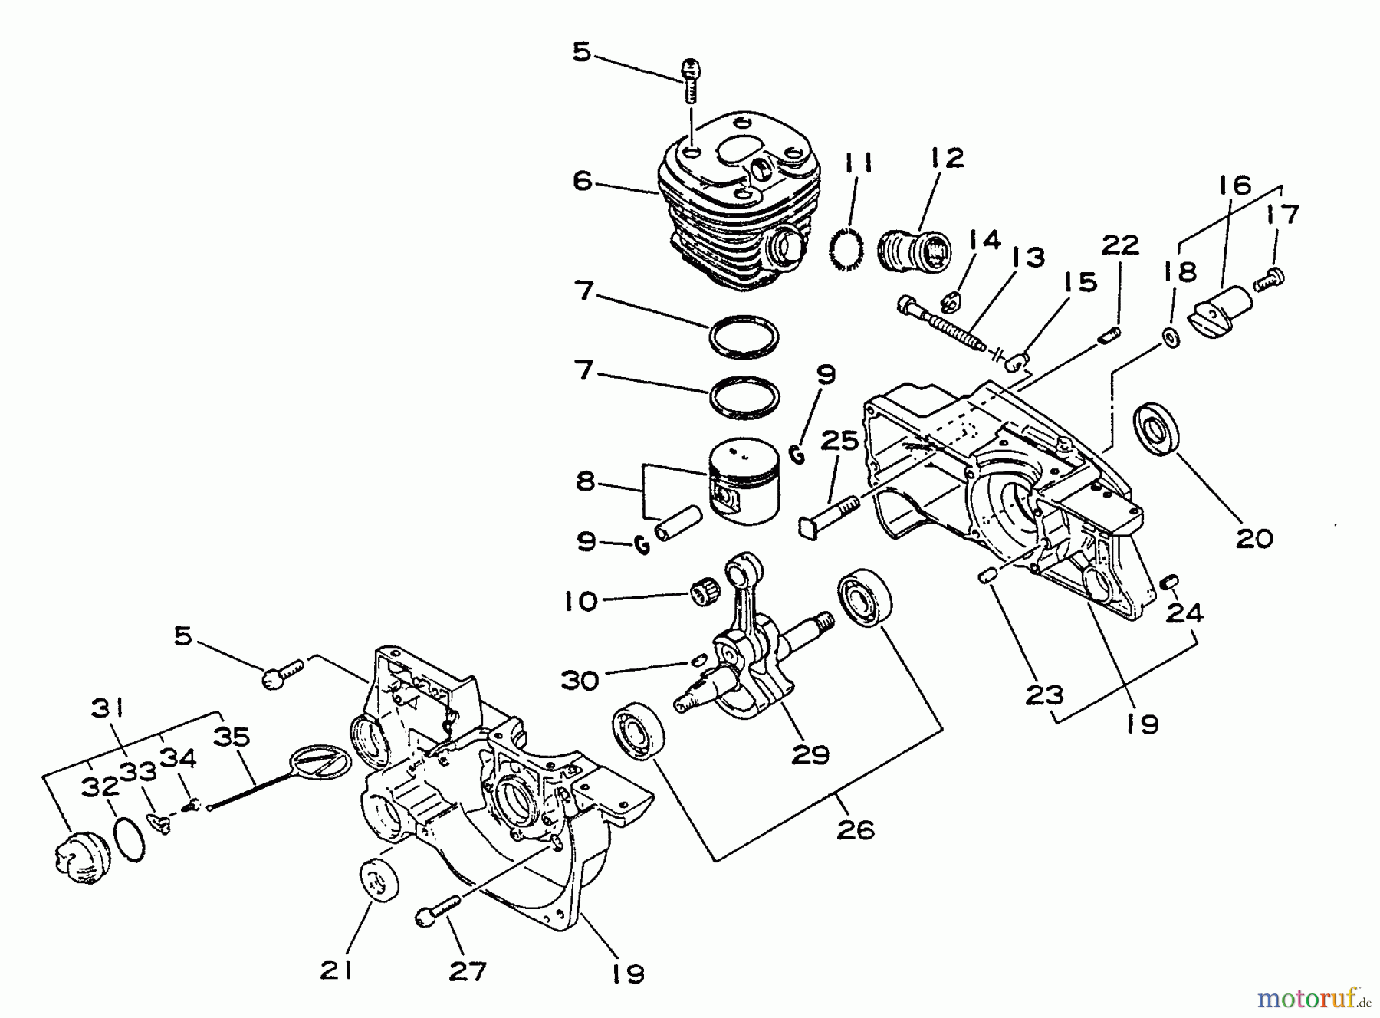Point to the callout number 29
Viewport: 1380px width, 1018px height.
point(810,755)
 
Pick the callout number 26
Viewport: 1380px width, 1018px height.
point(856,829)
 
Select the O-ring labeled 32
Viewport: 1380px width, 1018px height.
point(130,840)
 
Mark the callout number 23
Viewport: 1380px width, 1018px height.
point(1044,695)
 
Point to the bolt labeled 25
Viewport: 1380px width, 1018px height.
point(831,517)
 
